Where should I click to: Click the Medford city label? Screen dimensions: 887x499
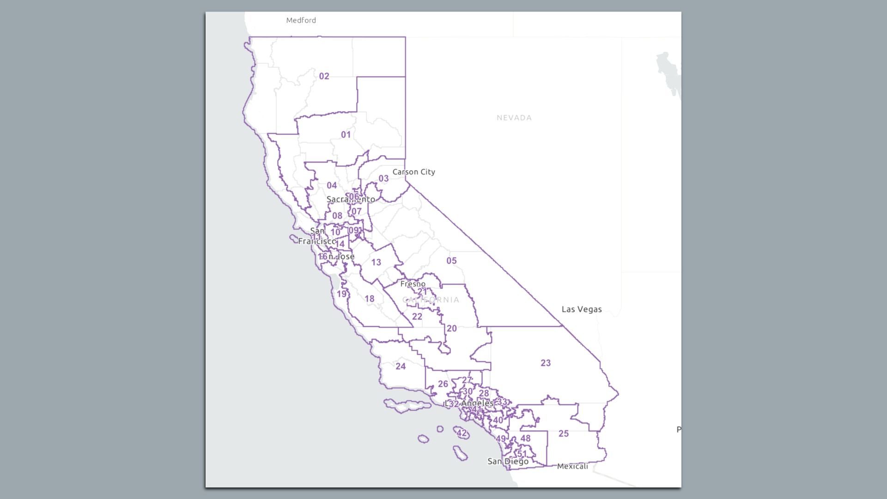point(301,20)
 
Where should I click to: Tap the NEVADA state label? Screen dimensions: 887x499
point(514,118)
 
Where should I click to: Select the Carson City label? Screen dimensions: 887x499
point(413,172)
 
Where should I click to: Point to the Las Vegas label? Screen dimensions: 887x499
point(581,310)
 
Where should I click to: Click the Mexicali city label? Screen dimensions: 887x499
point(572,466)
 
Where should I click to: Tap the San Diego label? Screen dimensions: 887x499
point(508,461)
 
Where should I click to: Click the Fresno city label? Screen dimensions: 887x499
point(413,284)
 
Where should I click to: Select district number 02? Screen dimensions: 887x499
point(324,76)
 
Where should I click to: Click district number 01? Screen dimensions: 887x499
point(346,135)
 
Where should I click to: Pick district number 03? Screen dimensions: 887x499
point(383,179)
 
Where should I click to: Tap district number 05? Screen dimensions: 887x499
point(451,261)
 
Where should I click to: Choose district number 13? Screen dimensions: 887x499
point(376,262)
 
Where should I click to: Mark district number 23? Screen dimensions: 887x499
point(546,363)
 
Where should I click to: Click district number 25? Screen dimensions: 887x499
point(563,433)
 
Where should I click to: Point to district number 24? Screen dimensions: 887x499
point(401,366)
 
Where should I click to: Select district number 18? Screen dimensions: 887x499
point(369,299)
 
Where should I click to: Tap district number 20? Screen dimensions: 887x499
point(451,329)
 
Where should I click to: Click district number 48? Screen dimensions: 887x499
point(525,438)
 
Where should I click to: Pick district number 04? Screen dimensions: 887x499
point(332,186)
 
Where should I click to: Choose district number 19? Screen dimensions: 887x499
point(341,294)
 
